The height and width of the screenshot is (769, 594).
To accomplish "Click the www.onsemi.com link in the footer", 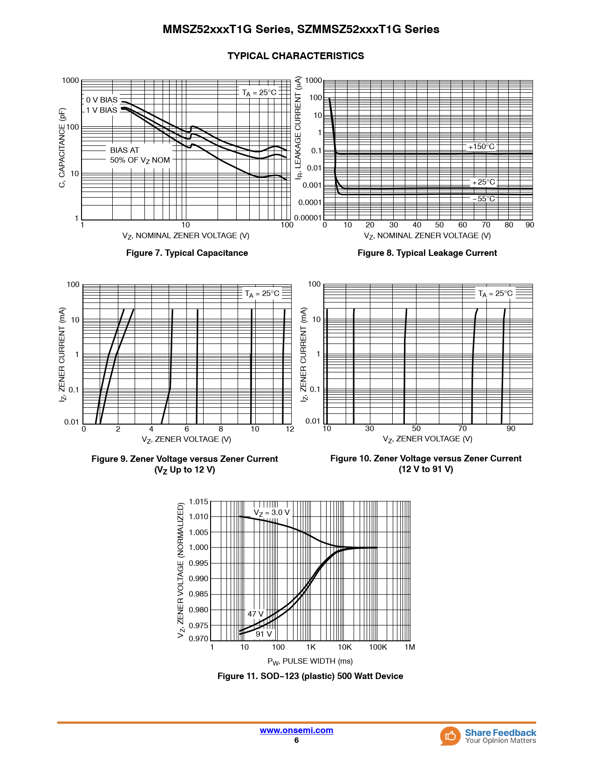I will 296,730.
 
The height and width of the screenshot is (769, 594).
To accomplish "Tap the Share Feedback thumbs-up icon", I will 450,736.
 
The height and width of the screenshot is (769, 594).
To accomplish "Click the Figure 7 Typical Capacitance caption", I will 187,253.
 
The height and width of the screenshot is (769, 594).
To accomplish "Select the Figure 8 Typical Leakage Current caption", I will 427,253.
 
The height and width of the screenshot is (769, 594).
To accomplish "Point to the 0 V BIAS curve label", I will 102,100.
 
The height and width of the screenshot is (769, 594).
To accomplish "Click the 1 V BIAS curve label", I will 102,110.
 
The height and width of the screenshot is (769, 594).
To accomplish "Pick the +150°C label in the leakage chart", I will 481,147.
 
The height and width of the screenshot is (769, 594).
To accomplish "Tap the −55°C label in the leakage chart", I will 484,199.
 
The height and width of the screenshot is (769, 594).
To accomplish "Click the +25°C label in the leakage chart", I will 484,182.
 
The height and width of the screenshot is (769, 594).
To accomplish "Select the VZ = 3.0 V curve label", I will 272,513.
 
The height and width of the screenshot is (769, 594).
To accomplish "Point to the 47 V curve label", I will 255,614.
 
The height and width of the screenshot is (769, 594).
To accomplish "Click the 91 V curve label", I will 264,634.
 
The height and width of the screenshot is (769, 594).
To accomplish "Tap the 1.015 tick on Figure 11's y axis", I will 198,502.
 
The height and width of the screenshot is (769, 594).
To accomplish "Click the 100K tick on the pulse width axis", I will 378,647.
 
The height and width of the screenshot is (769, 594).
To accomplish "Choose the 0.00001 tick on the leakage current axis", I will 307,218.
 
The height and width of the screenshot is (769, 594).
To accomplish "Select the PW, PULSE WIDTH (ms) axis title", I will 310,661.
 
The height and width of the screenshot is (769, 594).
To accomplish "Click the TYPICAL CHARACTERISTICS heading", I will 296,56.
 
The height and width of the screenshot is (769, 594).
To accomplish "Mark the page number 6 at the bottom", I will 296,741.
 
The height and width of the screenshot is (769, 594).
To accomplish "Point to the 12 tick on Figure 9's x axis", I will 290,429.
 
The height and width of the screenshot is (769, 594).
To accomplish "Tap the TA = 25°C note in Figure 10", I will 495,294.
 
